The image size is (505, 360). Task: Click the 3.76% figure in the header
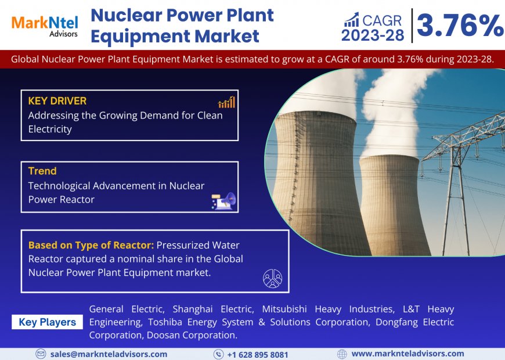(x=460, y=25)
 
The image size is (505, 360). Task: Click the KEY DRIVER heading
(x=57, y=101)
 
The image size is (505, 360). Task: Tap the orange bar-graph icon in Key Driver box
(x=226, y=103)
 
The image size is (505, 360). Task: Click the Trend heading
(x=42, y=171)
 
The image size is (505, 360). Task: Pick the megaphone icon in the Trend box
(x=223, y=200)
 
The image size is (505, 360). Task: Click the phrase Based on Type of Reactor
(x=91, y=245)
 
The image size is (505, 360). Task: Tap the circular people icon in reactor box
(x=272, y=278)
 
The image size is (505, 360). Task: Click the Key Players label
(x=47, y=322)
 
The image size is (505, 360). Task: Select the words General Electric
(x=127, y=309)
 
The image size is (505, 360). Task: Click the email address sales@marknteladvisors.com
(x=109, y=354)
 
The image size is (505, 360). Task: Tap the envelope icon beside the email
(x=41, y=354)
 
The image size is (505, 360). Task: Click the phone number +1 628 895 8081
(x=257, y=354)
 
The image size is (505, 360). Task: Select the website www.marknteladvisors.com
(x=407, y=354)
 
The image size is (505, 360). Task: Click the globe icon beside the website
(x=342, y=354)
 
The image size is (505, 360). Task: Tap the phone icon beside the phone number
(x=218, y=354)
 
